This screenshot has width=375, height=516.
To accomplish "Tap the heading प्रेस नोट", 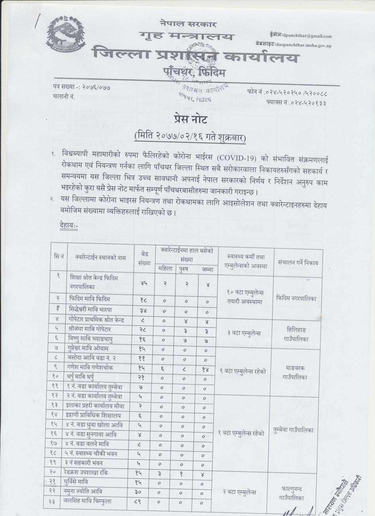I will pos(190,120).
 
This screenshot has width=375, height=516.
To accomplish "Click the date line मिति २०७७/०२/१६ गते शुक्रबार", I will pos(190,137).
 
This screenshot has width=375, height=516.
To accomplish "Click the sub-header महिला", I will pos(164,269).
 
